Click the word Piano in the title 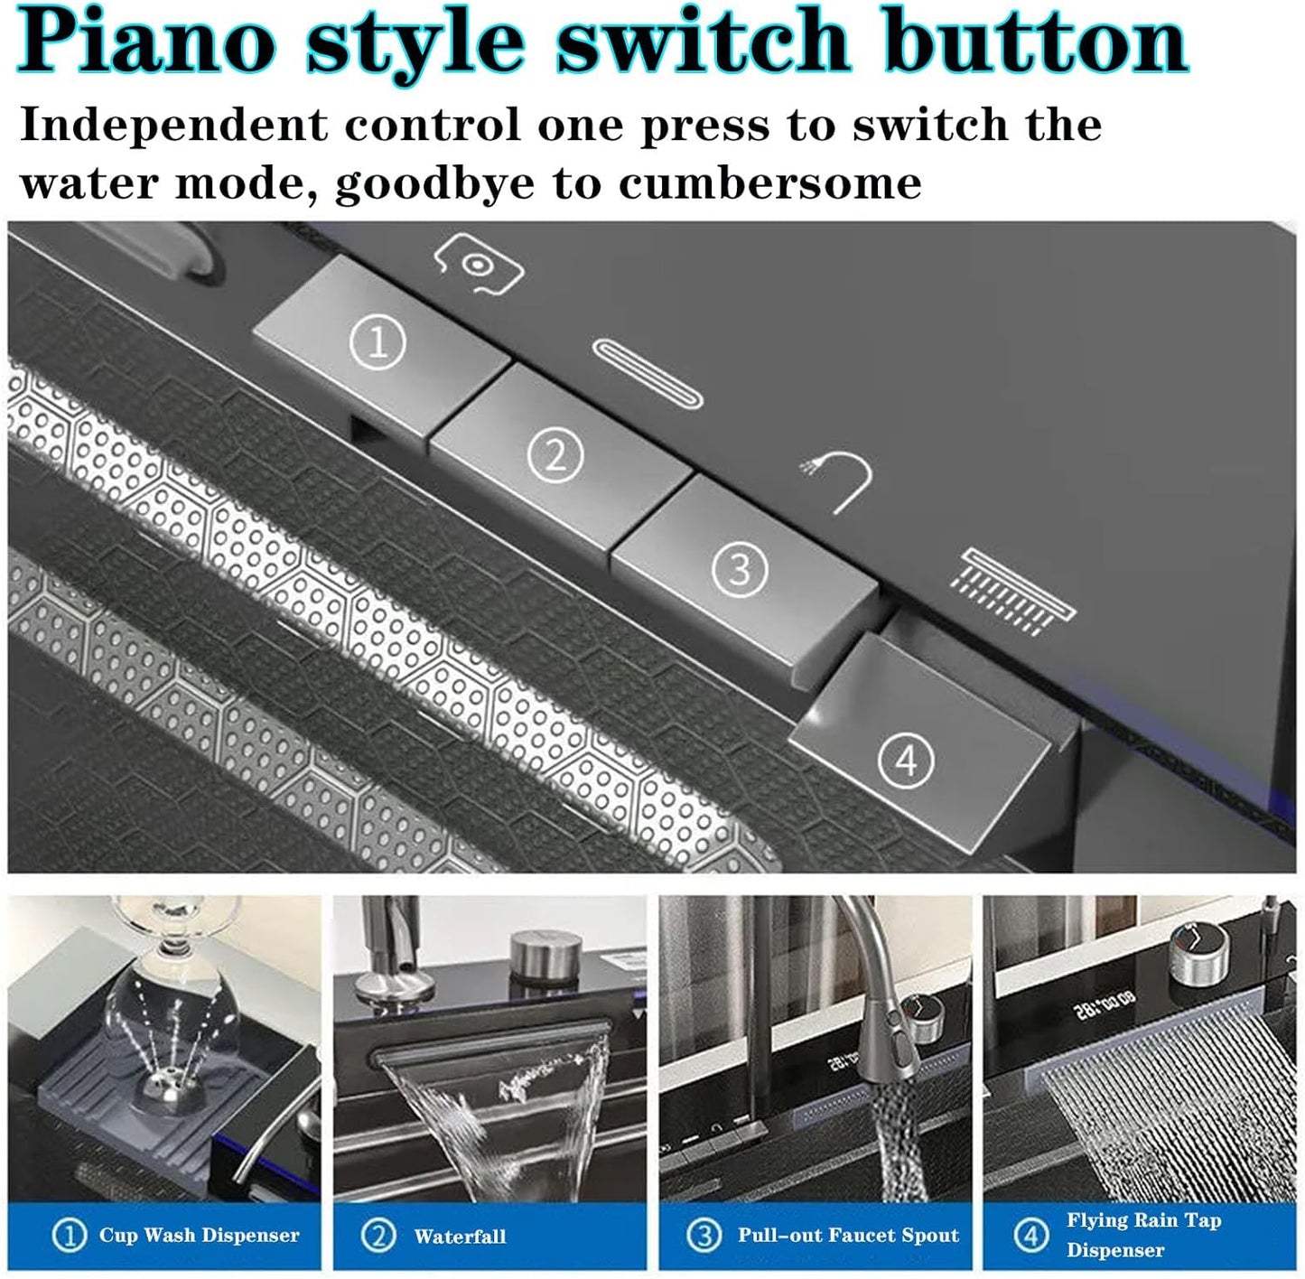(146, 42)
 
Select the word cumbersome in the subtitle (769, 183)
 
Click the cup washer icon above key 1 (478, 264)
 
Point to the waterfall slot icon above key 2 (647, 375)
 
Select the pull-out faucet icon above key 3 (839, 481)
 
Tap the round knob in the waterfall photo (546, 956)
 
